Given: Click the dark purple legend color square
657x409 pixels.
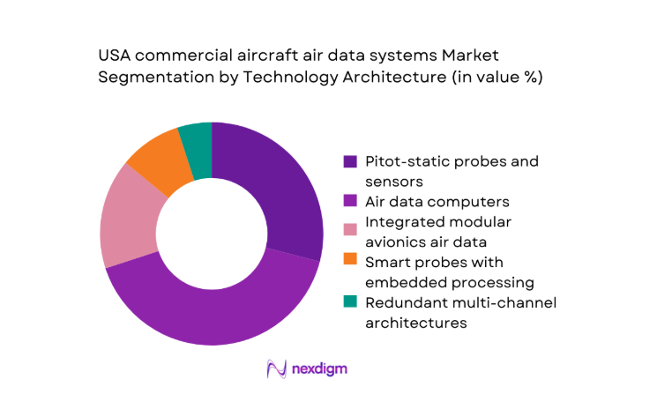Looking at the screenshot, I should point(351,161).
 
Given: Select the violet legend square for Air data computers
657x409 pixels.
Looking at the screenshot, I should point(351,202).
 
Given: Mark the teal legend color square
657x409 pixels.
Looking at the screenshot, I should point(351,303).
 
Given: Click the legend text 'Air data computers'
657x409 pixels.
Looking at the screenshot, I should point(433,202).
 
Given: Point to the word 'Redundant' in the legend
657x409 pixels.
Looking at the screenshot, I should point(407,303).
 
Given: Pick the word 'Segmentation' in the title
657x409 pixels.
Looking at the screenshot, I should point(153,78).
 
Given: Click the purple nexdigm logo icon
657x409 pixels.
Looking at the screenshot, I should point(277,368).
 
